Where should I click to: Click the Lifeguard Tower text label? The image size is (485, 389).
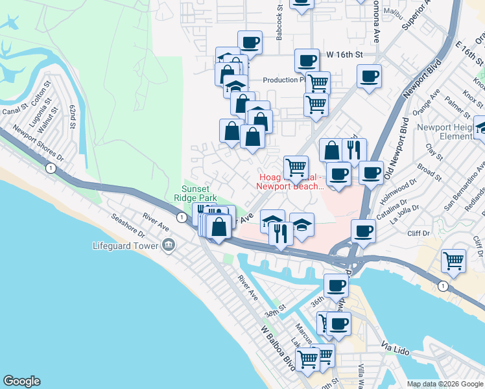126,246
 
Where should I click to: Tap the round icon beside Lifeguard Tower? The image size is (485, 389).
169,245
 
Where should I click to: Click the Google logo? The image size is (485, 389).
22,381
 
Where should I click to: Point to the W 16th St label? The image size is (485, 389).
343,56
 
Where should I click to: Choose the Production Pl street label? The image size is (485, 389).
284,80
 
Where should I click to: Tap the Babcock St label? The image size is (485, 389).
279,27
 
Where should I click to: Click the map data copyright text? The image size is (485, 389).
445,384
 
